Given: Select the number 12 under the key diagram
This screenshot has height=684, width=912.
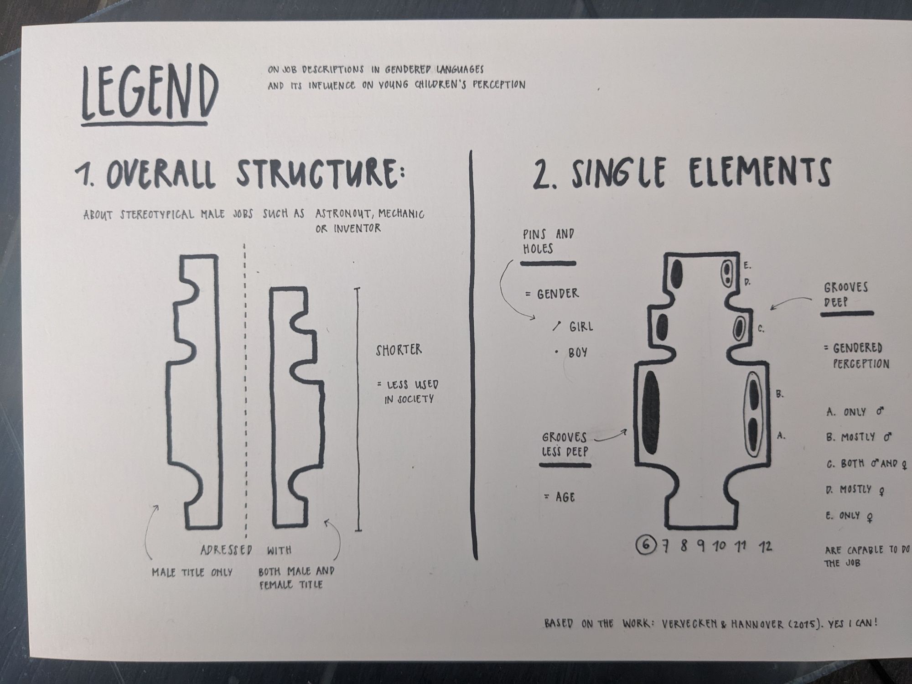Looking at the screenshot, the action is (x=766, y=546).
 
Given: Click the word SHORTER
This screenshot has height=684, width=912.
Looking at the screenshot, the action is (x=399, y=350).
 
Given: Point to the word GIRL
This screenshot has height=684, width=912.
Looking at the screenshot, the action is (x=581, y=326).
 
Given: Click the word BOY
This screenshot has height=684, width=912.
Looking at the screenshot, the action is (x=578, y=352).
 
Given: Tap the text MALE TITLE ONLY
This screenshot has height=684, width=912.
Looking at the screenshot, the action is (x=192, y=572).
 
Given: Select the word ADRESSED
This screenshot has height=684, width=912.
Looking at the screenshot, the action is (x=226, y=550).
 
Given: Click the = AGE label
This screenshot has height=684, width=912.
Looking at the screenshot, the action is (x=560, y=497).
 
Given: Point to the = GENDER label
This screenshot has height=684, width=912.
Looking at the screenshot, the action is (x=552, y=294).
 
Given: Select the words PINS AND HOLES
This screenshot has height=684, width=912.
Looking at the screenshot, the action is (x=548, y=242).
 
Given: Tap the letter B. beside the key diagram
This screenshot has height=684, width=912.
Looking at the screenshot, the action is (x=780, y=394).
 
